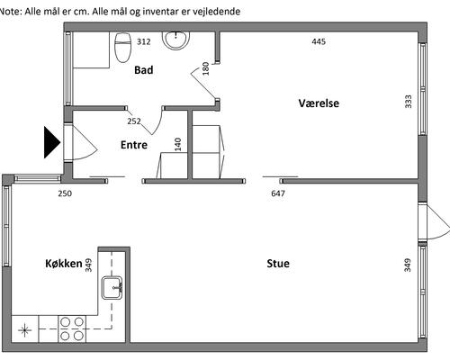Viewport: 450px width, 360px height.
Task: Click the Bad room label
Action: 144,70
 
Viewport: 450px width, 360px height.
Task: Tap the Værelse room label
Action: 319,103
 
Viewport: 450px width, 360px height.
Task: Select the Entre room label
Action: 134,145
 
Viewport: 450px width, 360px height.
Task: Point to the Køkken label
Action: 64,264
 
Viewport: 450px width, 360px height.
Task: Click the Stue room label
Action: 278,264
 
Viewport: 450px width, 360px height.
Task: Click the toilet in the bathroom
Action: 123,48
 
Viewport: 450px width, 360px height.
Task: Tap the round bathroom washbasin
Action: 176,40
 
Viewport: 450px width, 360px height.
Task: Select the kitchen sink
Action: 112,288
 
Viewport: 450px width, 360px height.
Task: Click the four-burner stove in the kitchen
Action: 72,328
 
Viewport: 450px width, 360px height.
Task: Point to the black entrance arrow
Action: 52,142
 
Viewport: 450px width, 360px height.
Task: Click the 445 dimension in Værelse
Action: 319,41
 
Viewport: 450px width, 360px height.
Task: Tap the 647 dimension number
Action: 278,193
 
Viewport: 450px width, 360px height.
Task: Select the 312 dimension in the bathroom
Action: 144,41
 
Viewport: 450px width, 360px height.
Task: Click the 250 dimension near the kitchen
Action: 65,193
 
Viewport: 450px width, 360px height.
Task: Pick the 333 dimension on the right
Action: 409,102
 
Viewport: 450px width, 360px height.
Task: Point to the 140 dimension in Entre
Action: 178,144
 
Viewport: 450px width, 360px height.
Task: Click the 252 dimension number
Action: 134,121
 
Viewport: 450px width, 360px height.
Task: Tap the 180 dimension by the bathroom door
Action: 205,68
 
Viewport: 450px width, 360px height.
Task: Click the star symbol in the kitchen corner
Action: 24,330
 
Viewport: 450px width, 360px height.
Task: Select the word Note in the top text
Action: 10,12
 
